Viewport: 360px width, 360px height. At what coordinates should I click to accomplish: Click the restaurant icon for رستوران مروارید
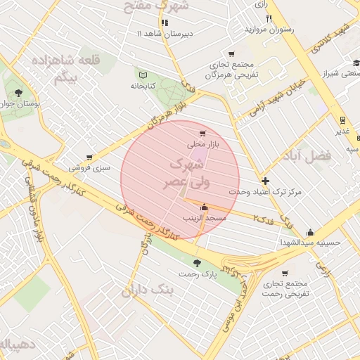point(268,18)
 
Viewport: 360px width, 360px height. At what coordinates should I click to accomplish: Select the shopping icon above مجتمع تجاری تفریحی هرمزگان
point(231,54)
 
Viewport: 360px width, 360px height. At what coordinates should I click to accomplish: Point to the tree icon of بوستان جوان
point(18,92)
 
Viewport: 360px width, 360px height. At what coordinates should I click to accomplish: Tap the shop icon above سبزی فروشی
point(89,157)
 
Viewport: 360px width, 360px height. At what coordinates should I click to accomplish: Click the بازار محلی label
point(204,143)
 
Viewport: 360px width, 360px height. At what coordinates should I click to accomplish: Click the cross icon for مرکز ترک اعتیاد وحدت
point(264,181)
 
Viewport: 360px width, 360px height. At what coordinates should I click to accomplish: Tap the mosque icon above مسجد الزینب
point(204,207)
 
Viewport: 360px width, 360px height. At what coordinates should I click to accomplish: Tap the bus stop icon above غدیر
point(342,120)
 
